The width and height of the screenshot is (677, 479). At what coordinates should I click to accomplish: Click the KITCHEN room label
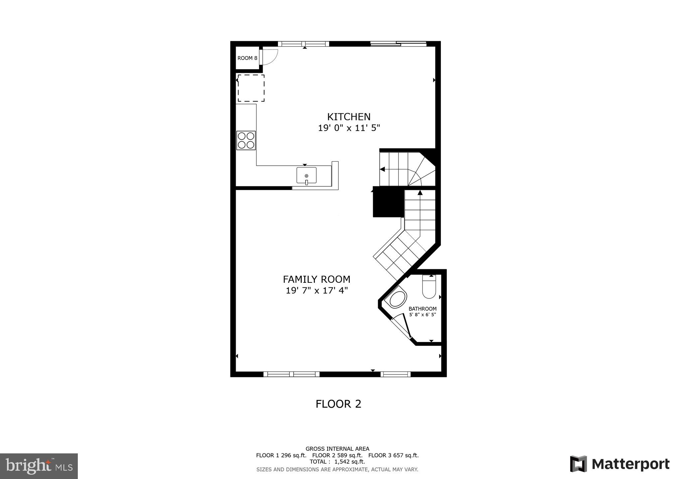(349, 117)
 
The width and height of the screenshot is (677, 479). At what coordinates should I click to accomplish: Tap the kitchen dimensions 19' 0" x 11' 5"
(349, 128)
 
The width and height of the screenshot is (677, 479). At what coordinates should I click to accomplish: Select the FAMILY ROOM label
(317, 279)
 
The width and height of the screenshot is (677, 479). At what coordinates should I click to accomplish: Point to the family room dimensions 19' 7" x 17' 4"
(317, 291)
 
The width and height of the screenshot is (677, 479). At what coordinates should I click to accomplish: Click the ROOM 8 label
(247, 58)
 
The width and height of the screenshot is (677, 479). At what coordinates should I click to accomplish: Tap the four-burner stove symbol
(246, 140)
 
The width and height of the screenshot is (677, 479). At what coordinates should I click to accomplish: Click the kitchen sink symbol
(306, 175)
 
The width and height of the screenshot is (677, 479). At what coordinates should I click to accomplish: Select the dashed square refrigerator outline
(251, 88)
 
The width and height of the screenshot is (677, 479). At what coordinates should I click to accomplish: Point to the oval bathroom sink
(398, 299)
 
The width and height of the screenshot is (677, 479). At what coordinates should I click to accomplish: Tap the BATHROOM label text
(422, 309)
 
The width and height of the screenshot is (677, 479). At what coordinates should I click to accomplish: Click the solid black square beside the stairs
(388, 202)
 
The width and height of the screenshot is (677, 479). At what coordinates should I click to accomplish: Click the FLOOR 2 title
(338, 404)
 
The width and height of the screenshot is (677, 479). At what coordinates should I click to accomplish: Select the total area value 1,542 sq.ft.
(349, 462)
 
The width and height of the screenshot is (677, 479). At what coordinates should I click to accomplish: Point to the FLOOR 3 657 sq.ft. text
(393, 455)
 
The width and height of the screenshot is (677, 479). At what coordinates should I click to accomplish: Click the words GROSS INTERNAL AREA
(337, 449)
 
